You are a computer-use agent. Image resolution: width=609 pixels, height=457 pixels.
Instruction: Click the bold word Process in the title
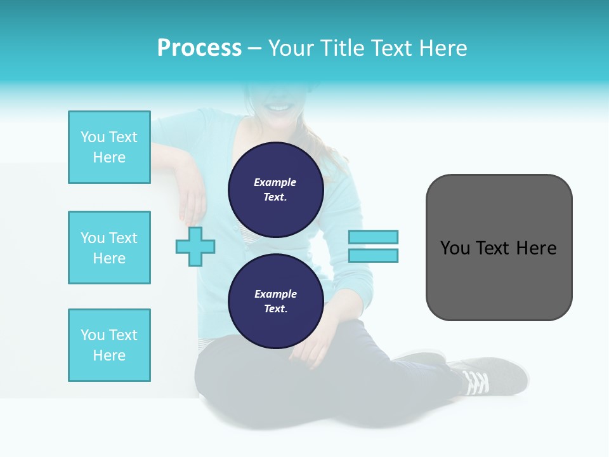(199, 48)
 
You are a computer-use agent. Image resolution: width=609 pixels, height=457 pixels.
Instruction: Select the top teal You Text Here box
(109, 147)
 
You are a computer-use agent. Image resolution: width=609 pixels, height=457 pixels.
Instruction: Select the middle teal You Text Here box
(109, 248)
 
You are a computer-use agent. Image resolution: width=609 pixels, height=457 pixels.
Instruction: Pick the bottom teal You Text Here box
(109, 345)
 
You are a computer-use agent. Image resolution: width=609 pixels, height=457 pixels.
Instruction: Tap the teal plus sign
(195, 246)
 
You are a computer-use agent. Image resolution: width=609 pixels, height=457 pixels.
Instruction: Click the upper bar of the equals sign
(373, 237)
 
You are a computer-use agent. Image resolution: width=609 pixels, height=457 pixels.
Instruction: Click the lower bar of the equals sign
(373, 255)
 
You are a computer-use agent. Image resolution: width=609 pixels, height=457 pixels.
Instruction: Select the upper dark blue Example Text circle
(275, 190)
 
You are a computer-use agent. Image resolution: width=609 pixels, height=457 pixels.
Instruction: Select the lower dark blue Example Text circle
(275, 301)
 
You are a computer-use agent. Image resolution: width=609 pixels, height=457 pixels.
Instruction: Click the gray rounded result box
(499, 279)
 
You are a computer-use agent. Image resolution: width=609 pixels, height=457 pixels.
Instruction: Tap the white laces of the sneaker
(476, 382)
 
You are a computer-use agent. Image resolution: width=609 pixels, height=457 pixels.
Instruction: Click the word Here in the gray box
(536, 248)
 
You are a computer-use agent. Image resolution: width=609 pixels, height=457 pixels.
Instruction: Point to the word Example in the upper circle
(275, 182)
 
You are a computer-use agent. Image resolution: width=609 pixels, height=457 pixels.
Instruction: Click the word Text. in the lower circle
(275, 309)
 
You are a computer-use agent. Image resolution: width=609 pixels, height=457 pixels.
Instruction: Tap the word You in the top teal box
(93, 137)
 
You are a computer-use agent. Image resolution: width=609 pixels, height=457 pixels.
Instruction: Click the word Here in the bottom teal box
(109, 355)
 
